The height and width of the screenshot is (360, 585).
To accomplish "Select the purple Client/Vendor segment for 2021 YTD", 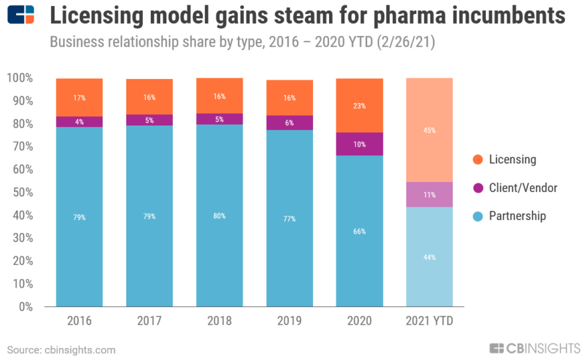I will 429,195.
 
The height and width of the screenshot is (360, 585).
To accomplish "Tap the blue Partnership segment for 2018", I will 219,215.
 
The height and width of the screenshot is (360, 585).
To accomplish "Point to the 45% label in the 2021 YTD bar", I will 429,131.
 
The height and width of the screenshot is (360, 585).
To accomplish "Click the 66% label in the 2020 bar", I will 360,231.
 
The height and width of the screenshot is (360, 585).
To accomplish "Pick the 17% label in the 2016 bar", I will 79,98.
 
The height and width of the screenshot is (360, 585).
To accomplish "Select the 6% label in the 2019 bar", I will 289,122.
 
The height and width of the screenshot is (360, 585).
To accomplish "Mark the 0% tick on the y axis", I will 26,307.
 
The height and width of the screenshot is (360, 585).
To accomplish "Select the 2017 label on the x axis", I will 150,321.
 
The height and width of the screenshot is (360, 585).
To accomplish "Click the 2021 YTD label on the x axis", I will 429,321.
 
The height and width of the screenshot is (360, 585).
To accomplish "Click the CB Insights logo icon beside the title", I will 21,15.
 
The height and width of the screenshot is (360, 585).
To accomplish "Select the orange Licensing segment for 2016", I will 79,97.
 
